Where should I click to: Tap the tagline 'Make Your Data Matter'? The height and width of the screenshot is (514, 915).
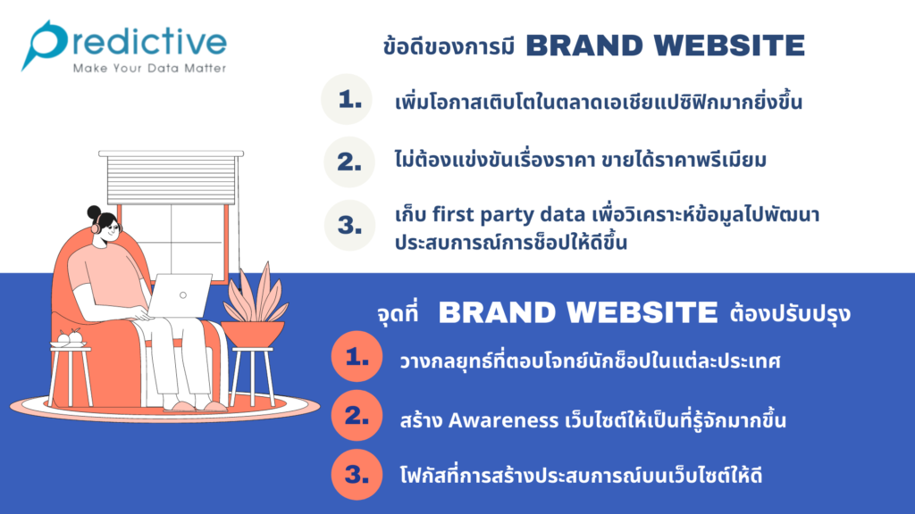[149, 68]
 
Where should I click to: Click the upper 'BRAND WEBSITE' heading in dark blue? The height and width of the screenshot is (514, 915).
[665, 46]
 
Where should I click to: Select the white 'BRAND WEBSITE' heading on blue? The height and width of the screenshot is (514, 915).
[578, 312]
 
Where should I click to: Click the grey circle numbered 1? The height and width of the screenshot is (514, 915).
[348, 99]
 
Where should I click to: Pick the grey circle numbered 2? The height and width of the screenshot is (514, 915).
[349, 162]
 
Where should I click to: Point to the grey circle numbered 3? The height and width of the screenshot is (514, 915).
[349, 225]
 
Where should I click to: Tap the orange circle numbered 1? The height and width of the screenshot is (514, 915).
[357, 357]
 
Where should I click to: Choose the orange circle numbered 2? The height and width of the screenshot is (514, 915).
[357, 416]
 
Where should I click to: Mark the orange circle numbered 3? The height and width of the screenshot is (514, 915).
[357, 475]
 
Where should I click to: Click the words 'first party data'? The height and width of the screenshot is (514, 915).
[508, 215]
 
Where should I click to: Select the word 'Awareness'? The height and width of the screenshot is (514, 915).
[503, 420]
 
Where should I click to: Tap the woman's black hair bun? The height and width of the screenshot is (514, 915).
[94, 212]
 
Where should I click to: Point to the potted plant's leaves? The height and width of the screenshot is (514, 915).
[255, 294]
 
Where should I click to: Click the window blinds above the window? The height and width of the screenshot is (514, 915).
[171, 178]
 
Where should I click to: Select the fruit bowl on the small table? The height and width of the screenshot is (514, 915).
[68, 339]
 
